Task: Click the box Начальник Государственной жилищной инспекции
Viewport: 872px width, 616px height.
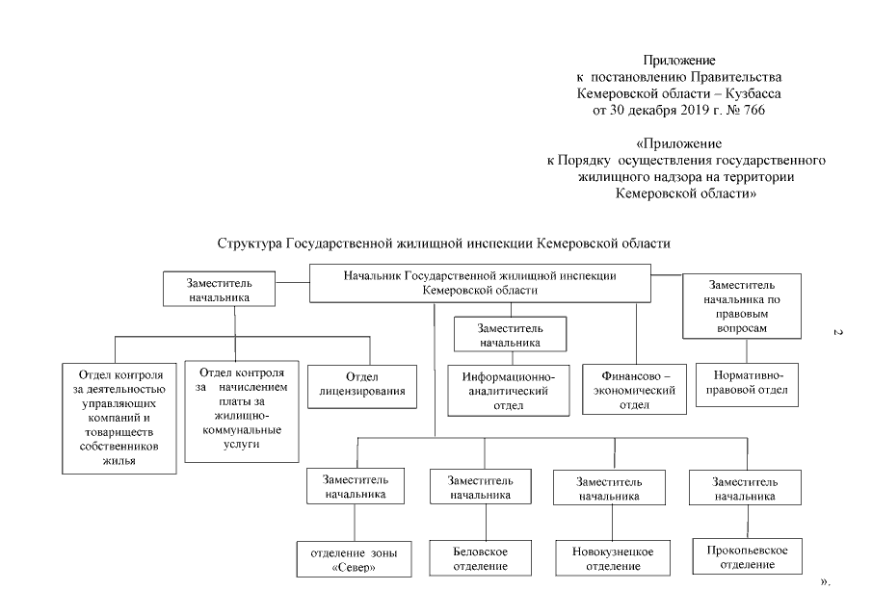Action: click(x=479, y=282)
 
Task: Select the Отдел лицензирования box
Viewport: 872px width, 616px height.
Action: click(x=361, y=384)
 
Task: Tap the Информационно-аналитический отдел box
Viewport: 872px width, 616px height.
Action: click(x=507, y=391)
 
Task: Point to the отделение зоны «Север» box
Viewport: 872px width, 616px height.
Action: click(x=355, y=558)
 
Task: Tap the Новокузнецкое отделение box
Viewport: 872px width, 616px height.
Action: click(x=607, y=558)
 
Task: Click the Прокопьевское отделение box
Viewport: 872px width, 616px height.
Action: click(x=742, y=556)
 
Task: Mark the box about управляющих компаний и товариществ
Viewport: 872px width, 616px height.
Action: click(x=119, y=417)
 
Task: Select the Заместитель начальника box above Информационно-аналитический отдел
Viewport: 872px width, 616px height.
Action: click(x=510, y=334)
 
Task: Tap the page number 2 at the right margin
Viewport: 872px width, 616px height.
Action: click(x=837, y=333)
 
